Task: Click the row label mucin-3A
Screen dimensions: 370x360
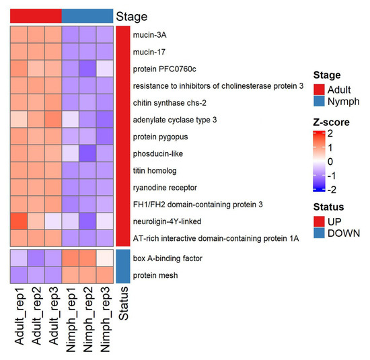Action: (x=149, y=35)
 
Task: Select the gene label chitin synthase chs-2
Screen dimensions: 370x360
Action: (x=170, y=103)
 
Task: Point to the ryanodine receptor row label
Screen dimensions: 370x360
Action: (x=165, y=188)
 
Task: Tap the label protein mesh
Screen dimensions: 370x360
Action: (x=155, y=275)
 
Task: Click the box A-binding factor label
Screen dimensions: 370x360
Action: (x=168, y=258)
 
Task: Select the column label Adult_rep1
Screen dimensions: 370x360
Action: (x=19, y=316)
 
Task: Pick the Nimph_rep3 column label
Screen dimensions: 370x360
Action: (x=105, y=320)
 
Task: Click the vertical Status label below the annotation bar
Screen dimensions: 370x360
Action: (x=123, y=303)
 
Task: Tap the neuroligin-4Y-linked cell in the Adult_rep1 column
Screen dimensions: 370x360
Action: (x=19, y=221)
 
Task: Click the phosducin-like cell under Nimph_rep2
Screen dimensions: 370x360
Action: (x=87, y=153)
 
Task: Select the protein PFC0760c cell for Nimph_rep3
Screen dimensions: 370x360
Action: (x=105, y=69)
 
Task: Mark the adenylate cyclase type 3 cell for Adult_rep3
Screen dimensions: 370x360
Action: (x=53, y=120)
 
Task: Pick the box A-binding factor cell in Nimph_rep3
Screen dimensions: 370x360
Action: (x=105, y=258)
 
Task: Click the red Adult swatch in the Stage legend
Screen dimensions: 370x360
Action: (x=319, y=89)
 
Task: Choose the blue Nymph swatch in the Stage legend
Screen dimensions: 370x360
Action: (x=319, y=101)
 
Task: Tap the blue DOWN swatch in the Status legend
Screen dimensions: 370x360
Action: (x=319, y=233)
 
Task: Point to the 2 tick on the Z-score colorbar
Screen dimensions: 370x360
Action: (x=330, y=134)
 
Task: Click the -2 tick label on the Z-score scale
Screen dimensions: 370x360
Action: (x=332, y=190)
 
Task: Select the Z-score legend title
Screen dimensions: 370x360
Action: (x=331, y=122)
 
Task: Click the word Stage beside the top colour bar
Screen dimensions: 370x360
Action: (x=132, y=17)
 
